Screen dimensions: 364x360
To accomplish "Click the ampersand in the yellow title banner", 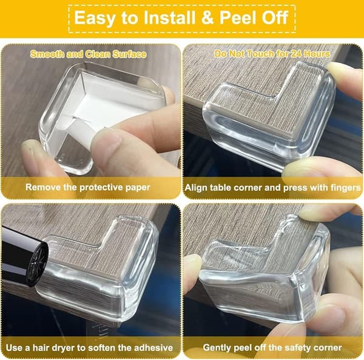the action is coord(207,18).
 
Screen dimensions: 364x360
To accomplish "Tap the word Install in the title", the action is coord(169,18).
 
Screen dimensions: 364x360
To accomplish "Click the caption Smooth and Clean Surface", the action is coord(88,55).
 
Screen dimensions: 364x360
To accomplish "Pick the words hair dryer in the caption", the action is coord(56,348).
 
